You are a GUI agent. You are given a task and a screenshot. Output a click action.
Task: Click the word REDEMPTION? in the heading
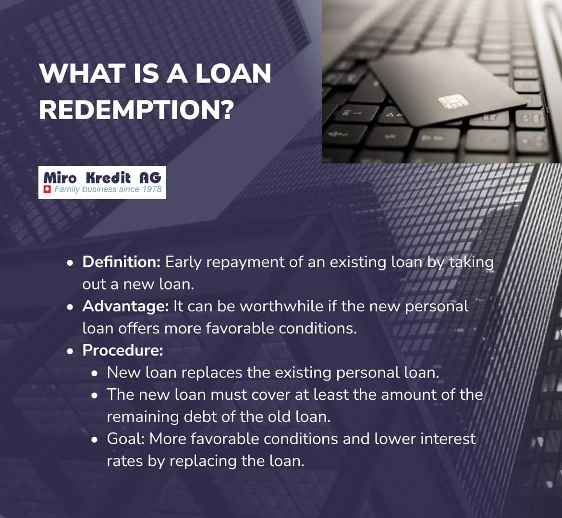(x=136, y=110)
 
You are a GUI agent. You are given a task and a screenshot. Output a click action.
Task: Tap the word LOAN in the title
(x=233, y=74)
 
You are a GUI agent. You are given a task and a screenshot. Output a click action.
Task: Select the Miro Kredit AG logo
(x=102, y=182)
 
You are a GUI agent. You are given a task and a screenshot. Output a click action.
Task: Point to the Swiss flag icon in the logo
(x=47, y=190)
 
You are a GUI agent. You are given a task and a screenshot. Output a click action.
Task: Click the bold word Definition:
(x=121, y=262)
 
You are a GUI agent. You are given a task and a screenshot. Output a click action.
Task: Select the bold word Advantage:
(x=125, y=306)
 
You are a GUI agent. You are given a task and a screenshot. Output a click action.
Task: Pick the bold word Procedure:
(x=122, y=350)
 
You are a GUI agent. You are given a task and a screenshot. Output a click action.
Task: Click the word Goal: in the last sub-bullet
(x=126, y=439)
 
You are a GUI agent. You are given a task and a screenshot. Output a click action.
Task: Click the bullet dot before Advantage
(x=71, y=307)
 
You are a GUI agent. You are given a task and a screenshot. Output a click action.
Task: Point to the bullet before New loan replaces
(x=95, y=373)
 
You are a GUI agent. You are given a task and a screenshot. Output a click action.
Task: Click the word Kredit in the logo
(x=108, y=178)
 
